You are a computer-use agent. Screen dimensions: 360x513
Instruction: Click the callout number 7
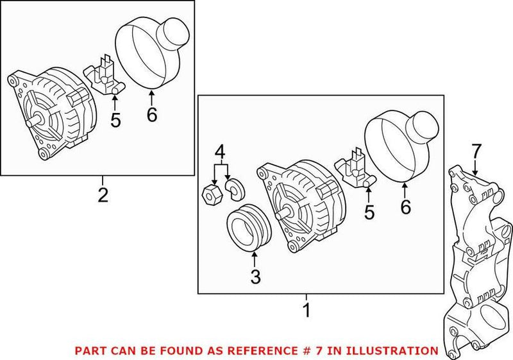[475, 152]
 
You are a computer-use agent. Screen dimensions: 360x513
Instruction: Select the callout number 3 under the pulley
[255, 278]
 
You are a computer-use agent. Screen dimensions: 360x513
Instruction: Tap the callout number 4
[220, 152]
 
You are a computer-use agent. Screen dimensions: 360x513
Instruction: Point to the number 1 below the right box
[307, 311]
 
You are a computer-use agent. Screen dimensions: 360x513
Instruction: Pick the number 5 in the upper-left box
[115, 119]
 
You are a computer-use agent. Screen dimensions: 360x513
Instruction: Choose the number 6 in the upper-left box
[151, 114]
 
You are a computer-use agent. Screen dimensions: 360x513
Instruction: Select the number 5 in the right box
[369, 212]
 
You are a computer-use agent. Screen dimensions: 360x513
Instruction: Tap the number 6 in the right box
[405, 207]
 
